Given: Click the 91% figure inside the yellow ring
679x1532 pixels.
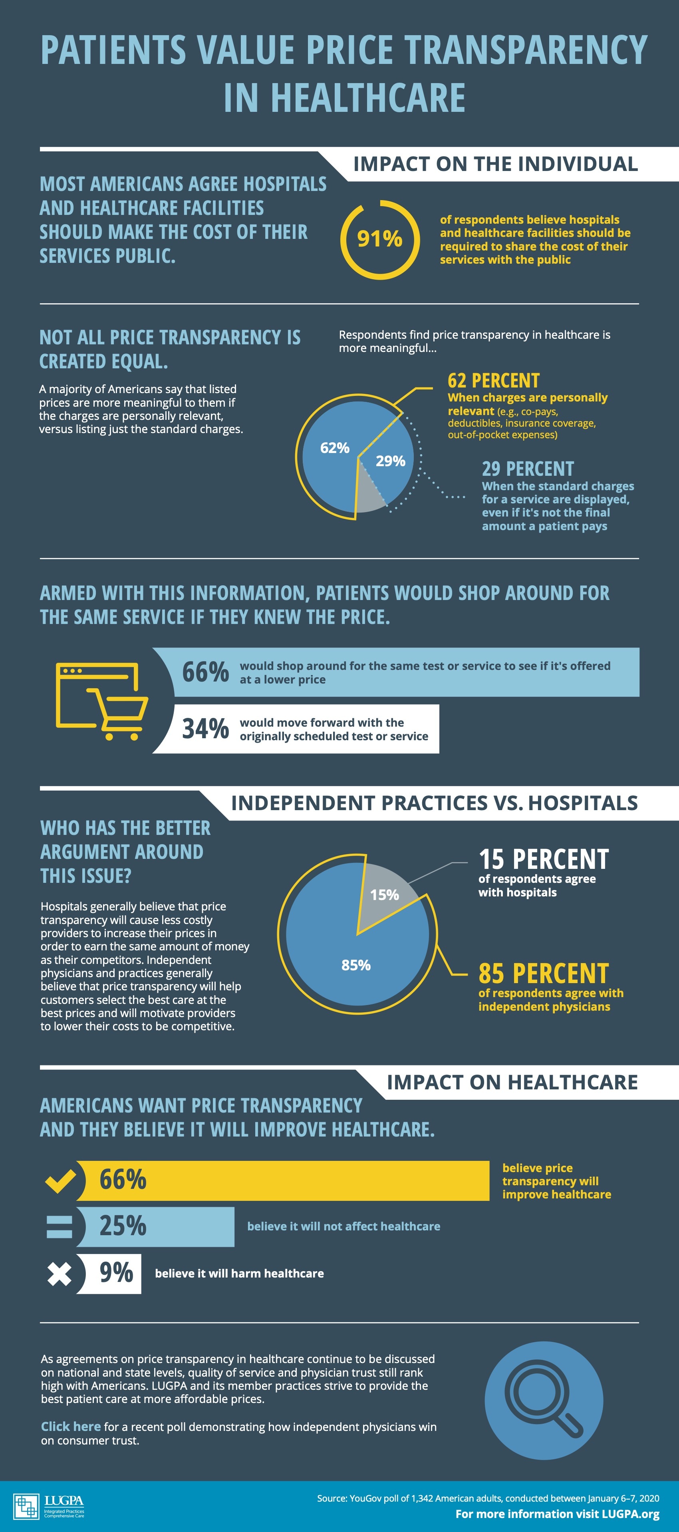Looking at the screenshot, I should pyautogui.click(x=379, y=238).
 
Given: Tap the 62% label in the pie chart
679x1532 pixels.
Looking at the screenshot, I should pyautogui.click(x=335, y=448).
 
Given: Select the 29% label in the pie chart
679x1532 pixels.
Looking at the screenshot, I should pyautogui.click(x=390, y=461).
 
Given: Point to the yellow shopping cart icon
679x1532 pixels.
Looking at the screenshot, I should pyautogui.click(x=101, y=701).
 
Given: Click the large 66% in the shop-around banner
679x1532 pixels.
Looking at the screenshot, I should pyautogui.click(x=205, y=672).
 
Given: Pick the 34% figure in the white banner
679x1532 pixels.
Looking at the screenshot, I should pyautogui.click(x=205, y=729).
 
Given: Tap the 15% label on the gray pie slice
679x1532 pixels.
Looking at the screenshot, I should pyautogui.click(x=384, y=894).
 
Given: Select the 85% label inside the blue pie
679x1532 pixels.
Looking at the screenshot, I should pyautogui.click(x=355, y=965).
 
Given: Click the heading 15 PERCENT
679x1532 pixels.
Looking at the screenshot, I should pyautogui.click(x=544, y=859).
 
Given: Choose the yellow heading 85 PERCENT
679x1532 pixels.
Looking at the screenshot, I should pyautogui.click(x=544, y=974).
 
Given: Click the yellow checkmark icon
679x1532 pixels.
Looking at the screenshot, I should pyautogui.click(x=60, y=1180).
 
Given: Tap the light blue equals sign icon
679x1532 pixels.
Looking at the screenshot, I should pyautogui.click(x=60, y=1227).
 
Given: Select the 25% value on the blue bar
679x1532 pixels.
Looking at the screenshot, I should pyautogui.click(x=123, y=1226).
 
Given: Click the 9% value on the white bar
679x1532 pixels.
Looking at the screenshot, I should pyautogui.click(x=116, y=1273).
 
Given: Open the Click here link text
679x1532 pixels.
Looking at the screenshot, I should pyautogui.click(x=70, y=1427).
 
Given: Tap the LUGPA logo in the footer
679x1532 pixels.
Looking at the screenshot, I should pyautogui.click(x=49, y=1506).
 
